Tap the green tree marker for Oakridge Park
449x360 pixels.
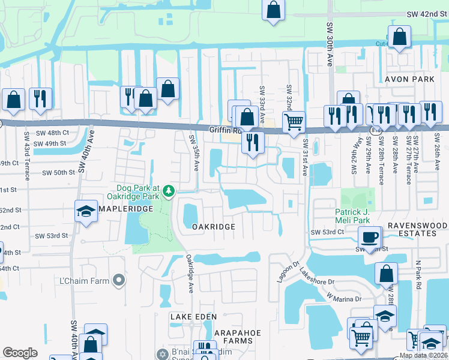point(170,191)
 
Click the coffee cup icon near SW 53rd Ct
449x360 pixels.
point(370,236)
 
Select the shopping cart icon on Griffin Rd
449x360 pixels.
point(293,122)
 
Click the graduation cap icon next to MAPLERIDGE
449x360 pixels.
point(86,211)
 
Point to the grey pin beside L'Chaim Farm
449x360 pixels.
point(120,280)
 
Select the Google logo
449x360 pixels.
point(20,353)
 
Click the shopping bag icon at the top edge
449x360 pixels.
point(273,10)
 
